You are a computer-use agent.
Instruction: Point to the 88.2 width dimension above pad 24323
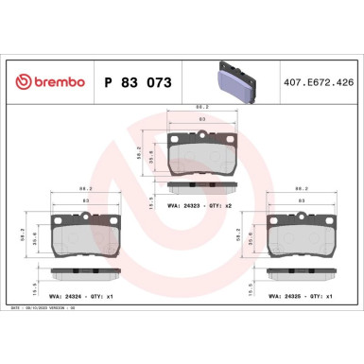point(201,107)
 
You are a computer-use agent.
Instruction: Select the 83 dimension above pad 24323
point(201,120)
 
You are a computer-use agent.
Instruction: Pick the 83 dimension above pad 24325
point(302,201)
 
